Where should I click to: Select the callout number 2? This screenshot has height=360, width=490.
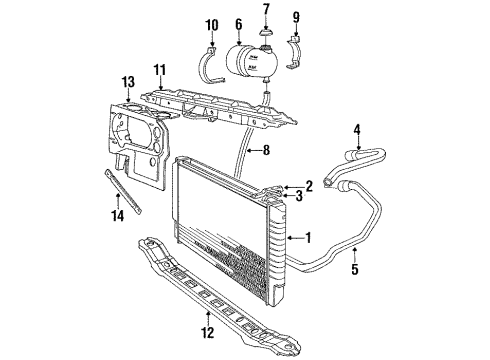[309, 184]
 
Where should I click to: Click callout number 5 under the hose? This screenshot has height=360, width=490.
[355, 267]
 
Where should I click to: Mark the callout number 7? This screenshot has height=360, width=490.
[266, 10]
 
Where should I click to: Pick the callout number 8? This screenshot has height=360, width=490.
[265, 153]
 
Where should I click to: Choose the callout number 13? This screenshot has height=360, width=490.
[128, 82]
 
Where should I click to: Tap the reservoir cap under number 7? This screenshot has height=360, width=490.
[266, 39]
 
